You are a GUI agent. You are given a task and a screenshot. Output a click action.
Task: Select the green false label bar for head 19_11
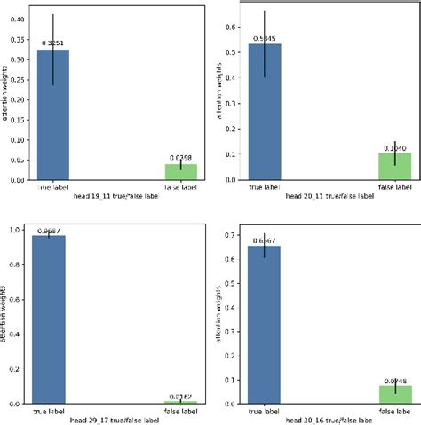[x=180, y=172]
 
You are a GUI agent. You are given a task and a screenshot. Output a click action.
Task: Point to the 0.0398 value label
[x=180, y=157]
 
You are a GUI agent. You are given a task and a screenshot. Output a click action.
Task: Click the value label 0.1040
[x=394, y=147]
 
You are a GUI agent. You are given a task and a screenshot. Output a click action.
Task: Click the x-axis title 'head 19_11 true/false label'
[x=115, y=199]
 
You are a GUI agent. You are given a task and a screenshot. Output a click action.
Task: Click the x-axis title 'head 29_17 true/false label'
[x=115, y=420]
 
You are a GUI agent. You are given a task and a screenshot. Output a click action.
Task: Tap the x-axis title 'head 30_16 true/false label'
[x=329, y=420]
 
